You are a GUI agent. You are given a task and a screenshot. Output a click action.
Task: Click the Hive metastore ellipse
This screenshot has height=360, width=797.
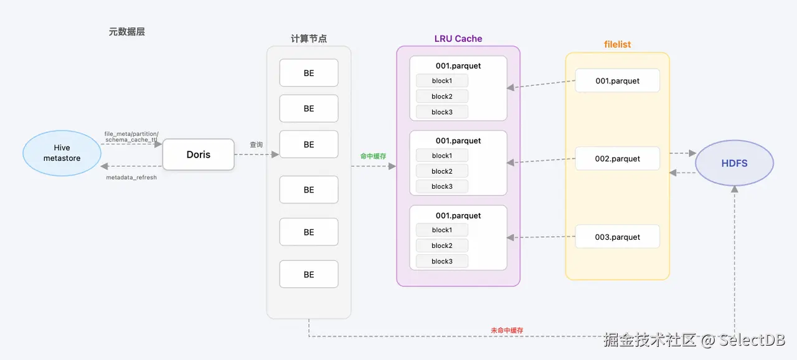62,153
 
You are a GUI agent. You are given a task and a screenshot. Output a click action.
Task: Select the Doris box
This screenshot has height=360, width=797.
198,154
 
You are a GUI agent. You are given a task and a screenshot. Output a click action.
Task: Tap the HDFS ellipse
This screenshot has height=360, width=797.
734,163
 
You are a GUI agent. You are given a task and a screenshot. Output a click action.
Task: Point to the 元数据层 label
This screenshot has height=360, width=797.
127,32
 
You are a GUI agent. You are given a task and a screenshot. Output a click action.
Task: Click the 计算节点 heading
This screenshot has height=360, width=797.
309,39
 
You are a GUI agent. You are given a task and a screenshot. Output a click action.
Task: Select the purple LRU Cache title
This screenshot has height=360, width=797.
458,39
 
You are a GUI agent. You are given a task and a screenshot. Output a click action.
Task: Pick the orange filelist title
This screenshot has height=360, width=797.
617,45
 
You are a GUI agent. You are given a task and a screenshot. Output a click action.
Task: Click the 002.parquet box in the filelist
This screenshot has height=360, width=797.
617,159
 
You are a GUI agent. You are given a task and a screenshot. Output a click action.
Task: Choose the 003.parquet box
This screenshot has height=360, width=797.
617,237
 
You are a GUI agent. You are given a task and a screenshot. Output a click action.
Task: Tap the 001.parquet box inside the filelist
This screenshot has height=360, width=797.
617,81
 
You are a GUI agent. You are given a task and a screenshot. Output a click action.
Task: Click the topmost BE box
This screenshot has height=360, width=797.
309,73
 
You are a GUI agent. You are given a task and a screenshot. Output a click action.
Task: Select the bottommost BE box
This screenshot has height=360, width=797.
309,275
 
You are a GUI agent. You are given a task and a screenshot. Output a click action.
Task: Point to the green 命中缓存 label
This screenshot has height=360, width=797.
374,156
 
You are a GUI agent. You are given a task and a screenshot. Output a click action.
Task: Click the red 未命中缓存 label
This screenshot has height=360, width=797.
507,330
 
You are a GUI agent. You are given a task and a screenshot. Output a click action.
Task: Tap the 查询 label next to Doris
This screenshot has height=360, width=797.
256,144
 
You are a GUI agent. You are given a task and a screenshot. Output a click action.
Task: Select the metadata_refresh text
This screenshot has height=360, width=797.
131,178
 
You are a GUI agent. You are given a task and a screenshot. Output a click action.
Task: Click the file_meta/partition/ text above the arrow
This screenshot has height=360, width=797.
131,133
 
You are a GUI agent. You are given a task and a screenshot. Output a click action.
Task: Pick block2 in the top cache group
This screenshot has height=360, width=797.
441,97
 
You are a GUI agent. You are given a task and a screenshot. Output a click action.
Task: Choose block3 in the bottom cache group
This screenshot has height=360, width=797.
441,262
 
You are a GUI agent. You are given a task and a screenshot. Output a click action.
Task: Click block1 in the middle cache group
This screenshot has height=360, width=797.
441,156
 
